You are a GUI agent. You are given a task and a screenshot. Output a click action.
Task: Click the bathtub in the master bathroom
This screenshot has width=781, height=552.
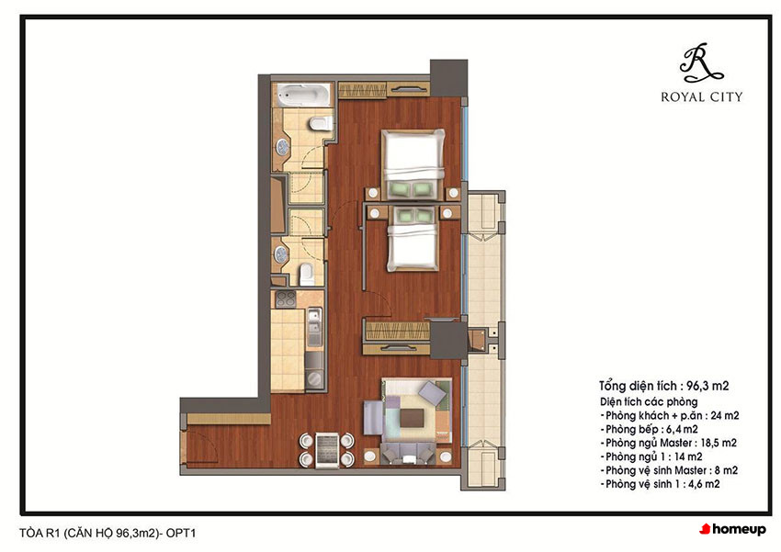[303, 95]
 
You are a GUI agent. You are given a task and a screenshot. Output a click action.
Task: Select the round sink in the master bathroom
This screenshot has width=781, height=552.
[282, 147]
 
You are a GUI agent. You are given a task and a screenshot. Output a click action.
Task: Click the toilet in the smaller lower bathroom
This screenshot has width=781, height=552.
[307, 275]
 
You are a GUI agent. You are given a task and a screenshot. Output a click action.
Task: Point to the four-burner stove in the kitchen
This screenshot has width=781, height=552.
[286, 299]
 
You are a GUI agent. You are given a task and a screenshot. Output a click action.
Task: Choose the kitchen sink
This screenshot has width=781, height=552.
[314, 327]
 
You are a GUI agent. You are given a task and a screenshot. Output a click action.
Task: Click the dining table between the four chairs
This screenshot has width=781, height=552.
[327, 449]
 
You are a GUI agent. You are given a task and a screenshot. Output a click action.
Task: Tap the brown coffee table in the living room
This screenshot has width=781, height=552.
[413, 417]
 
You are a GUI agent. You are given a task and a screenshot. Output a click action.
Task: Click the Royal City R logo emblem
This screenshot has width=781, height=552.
[700, 63]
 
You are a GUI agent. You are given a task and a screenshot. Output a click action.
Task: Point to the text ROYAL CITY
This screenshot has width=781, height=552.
[701, 96]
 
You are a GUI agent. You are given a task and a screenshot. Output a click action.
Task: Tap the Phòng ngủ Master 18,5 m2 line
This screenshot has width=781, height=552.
[668, 443]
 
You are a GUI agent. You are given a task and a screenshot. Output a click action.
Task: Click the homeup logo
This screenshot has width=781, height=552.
[732, 529]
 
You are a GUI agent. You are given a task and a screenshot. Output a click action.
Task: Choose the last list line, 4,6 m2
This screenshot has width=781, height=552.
[660, 484]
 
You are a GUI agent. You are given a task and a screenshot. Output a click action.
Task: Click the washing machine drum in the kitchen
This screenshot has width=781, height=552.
[314, 379]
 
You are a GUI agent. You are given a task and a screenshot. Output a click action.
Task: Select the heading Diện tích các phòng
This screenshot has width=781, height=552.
[649, 401]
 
